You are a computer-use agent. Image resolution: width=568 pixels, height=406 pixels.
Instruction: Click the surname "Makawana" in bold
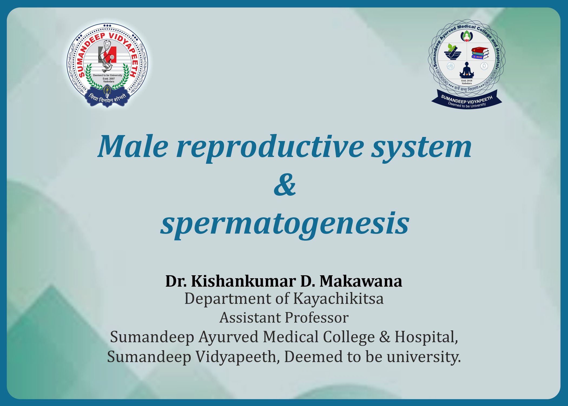tap(361, 281)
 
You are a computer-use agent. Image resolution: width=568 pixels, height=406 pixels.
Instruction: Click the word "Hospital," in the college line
tap(426, 338)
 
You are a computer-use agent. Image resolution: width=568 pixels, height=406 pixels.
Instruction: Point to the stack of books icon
tap(480, 53)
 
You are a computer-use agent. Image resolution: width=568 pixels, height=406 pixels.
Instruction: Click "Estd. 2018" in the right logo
tap(467, 81)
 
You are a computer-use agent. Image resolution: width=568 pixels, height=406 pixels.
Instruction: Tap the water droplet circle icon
tap(484, 66)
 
